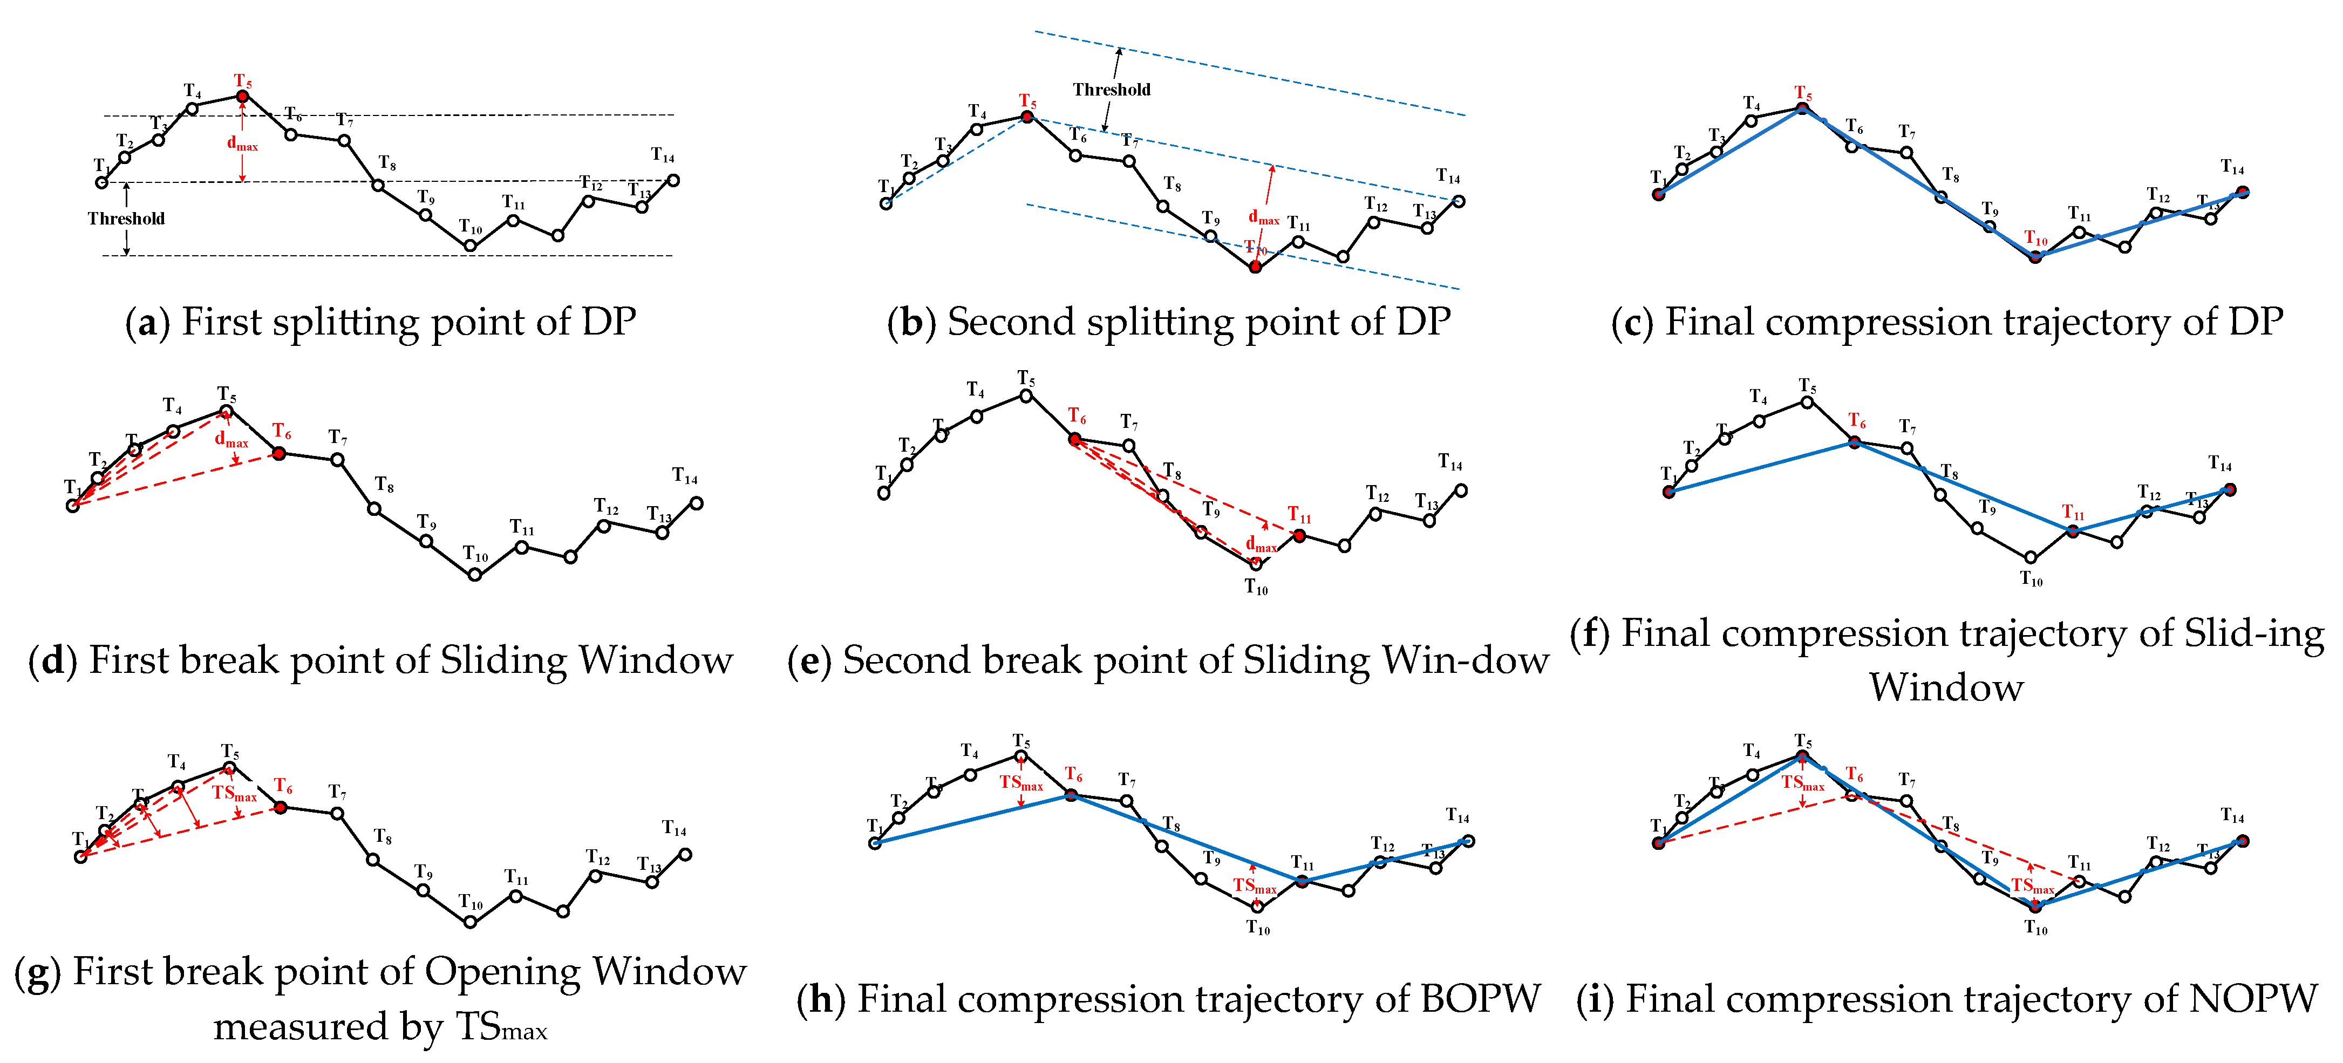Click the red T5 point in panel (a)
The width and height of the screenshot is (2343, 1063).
point(242,96)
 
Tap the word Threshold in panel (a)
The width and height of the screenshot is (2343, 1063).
point(126,218)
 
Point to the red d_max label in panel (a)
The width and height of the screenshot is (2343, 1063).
point(242,144)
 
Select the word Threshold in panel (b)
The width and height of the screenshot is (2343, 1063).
point(1112,89)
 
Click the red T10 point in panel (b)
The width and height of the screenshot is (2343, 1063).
point(1255,267)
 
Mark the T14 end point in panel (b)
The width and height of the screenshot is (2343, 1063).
point(1459,201)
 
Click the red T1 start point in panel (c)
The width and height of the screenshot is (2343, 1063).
point(1659,194)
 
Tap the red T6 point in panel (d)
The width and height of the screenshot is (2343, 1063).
point(279,453)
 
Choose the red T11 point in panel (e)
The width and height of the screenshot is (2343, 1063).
point(1299,536)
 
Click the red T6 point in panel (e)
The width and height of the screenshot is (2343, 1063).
point(1075,439)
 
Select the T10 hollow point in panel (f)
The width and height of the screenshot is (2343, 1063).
point(2030,557)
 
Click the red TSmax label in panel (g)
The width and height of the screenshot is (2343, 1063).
point(235,793)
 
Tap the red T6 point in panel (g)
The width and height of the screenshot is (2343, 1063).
point(281,807)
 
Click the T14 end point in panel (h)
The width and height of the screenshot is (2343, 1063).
point(1468,841)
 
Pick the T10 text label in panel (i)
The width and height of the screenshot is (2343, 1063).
point(2035,928)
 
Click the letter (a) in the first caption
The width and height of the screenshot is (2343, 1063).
point(146,323)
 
